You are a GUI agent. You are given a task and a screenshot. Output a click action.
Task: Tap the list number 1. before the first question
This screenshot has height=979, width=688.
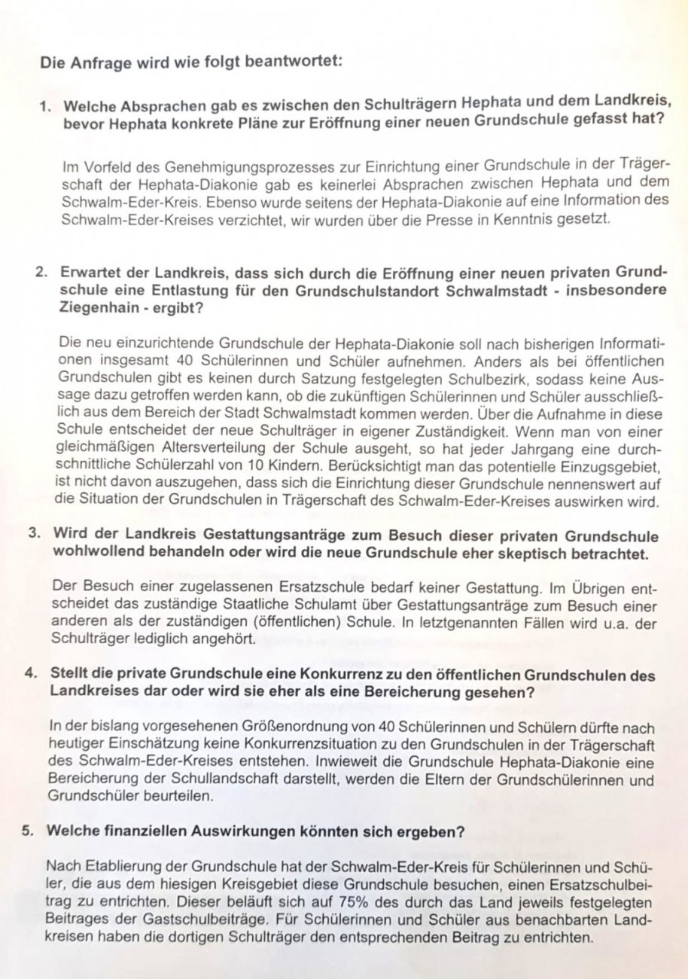(44, 108)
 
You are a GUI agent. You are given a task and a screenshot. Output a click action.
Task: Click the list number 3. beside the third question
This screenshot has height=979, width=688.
(35, 535)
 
